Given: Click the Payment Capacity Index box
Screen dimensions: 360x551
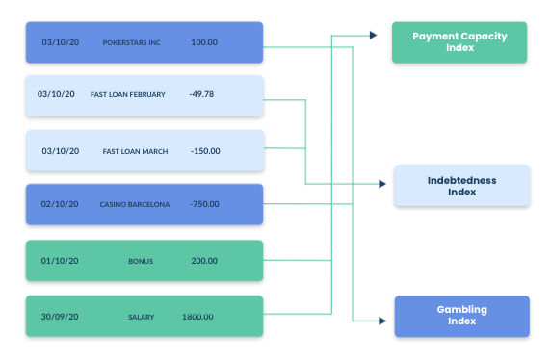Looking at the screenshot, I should [459, 42].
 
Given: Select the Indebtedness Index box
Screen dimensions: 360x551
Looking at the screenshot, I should [462, 186].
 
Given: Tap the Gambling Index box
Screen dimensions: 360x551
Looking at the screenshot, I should [462, 316].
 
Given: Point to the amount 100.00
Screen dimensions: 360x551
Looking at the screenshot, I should [204, 43].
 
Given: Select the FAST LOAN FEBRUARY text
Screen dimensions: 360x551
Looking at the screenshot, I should [128, 95].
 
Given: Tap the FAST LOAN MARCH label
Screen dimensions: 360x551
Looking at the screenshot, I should [134, 151].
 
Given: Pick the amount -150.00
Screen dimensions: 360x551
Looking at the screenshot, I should [205, 151].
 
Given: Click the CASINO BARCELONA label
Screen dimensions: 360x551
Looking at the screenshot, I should [134, 205].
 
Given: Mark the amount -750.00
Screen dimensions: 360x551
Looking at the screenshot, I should [205, 205].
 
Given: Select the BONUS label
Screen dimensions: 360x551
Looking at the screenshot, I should [141, 261].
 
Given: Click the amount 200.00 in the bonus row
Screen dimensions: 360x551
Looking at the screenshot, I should [204, 261].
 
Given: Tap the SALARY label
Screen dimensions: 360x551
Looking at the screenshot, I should [141, 317].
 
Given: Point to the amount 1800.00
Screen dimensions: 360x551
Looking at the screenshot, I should [197, 317].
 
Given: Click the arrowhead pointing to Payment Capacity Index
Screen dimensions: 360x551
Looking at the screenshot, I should [373, 36].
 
